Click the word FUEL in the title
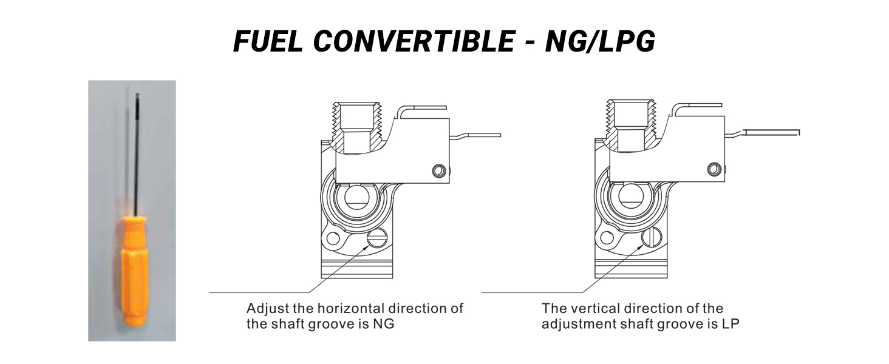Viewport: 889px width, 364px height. (268, 42)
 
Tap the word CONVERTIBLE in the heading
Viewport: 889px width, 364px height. (414, 42)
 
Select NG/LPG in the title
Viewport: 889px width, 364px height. (600, 42)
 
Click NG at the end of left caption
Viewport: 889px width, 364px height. (384, 325)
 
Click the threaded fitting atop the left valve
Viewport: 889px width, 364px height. (359, 127)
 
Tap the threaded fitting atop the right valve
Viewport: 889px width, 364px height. (631, 127)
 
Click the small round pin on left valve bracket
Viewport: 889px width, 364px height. (439, 171)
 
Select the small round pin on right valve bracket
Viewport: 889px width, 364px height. (714, 169)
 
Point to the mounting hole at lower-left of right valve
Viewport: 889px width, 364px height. (607, 238)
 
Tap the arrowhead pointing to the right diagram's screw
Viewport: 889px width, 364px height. (639, 247)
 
